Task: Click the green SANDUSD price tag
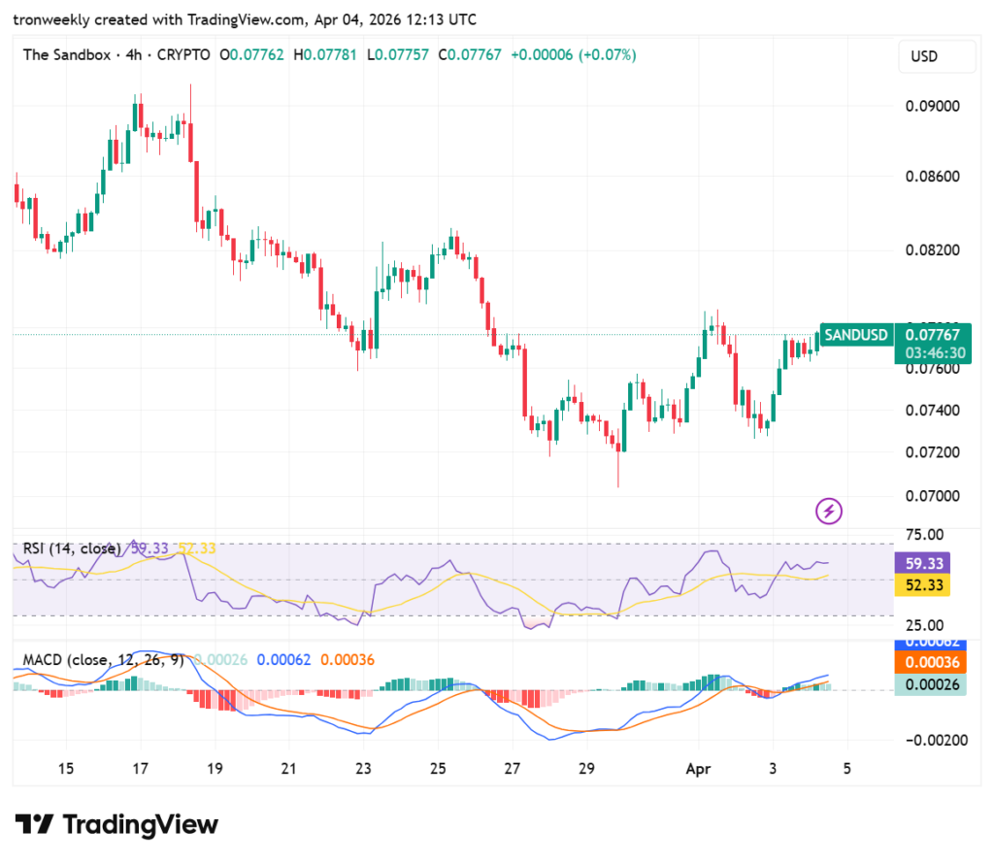click(x=855, y=335)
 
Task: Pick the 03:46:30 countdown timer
click(x=934, y=352)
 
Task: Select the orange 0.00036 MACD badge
click(x=933, y=663)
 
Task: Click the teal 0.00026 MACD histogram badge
click(x=933, y=684)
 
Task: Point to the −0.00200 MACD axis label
click(x=931, y=740)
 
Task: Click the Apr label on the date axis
click(x=698, y=769)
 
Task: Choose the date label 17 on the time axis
click(x=140, y=769)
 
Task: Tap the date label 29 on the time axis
click(x=586, y=769)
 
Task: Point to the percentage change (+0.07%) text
click(x=608, y=55)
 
